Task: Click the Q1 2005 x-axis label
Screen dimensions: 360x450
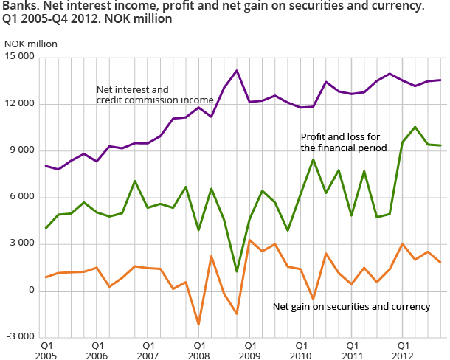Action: point(46,350)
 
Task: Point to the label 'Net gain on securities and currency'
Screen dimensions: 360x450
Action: point(351,306)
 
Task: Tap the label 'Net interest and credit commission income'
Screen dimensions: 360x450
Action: point(155,94)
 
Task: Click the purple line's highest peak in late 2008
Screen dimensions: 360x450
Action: point(237,71)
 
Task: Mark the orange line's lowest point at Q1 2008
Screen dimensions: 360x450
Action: point(198,324)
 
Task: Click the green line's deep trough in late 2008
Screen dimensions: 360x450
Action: point(237,271)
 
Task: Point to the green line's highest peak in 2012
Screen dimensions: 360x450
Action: point(415,127)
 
